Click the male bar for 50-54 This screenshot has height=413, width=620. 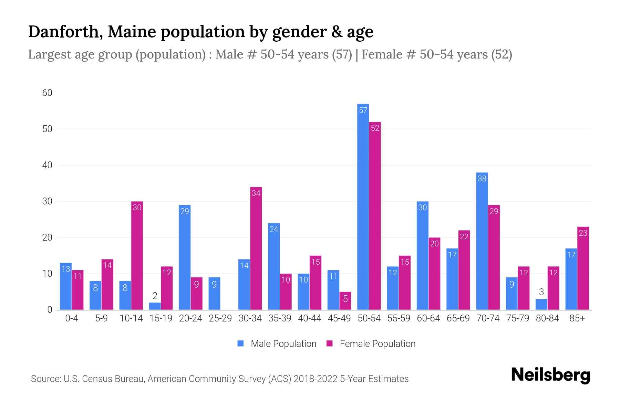363,206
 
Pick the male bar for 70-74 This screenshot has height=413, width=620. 482,241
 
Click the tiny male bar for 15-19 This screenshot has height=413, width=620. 155,306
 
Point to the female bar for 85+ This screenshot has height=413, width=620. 583,268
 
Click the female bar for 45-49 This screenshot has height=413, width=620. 345,301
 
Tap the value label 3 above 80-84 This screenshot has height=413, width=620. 541,292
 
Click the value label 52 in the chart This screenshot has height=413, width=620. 375,128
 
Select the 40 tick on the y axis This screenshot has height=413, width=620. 47,165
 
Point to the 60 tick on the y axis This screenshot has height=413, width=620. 47,93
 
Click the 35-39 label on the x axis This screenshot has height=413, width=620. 280,318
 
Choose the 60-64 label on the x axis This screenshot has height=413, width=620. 428,318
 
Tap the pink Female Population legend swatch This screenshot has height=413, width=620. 330,343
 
